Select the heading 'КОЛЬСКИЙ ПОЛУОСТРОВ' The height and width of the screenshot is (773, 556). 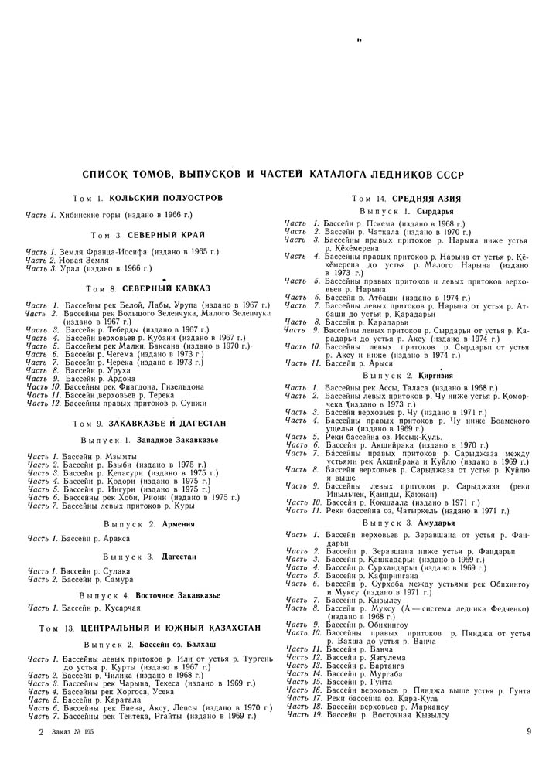[165, 199]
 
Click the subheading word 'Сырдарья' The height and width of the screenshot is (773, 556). [435, 211]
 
